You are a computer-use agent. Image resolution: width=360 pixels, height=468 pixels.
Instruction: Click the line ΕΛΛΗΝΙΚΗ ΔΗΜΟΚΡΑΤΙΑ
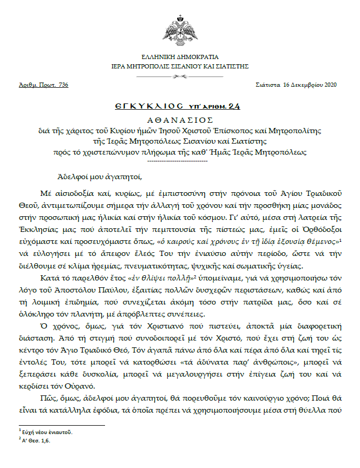tap(180, 57)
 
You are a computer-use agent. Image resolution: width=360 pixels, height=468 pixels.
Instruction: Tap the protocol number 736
tap(63, 85)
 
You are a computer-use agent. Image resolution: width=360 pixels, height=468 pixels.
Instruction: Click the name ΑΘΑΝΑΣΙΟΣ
tap(180, 119)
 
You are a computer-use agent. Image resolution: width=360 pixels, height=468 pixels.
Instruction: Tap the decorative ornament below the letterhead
tap(180, 76)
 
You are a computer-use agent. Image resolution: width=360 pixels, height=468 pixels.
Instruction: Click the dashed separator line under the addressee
tap(180, 160)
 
